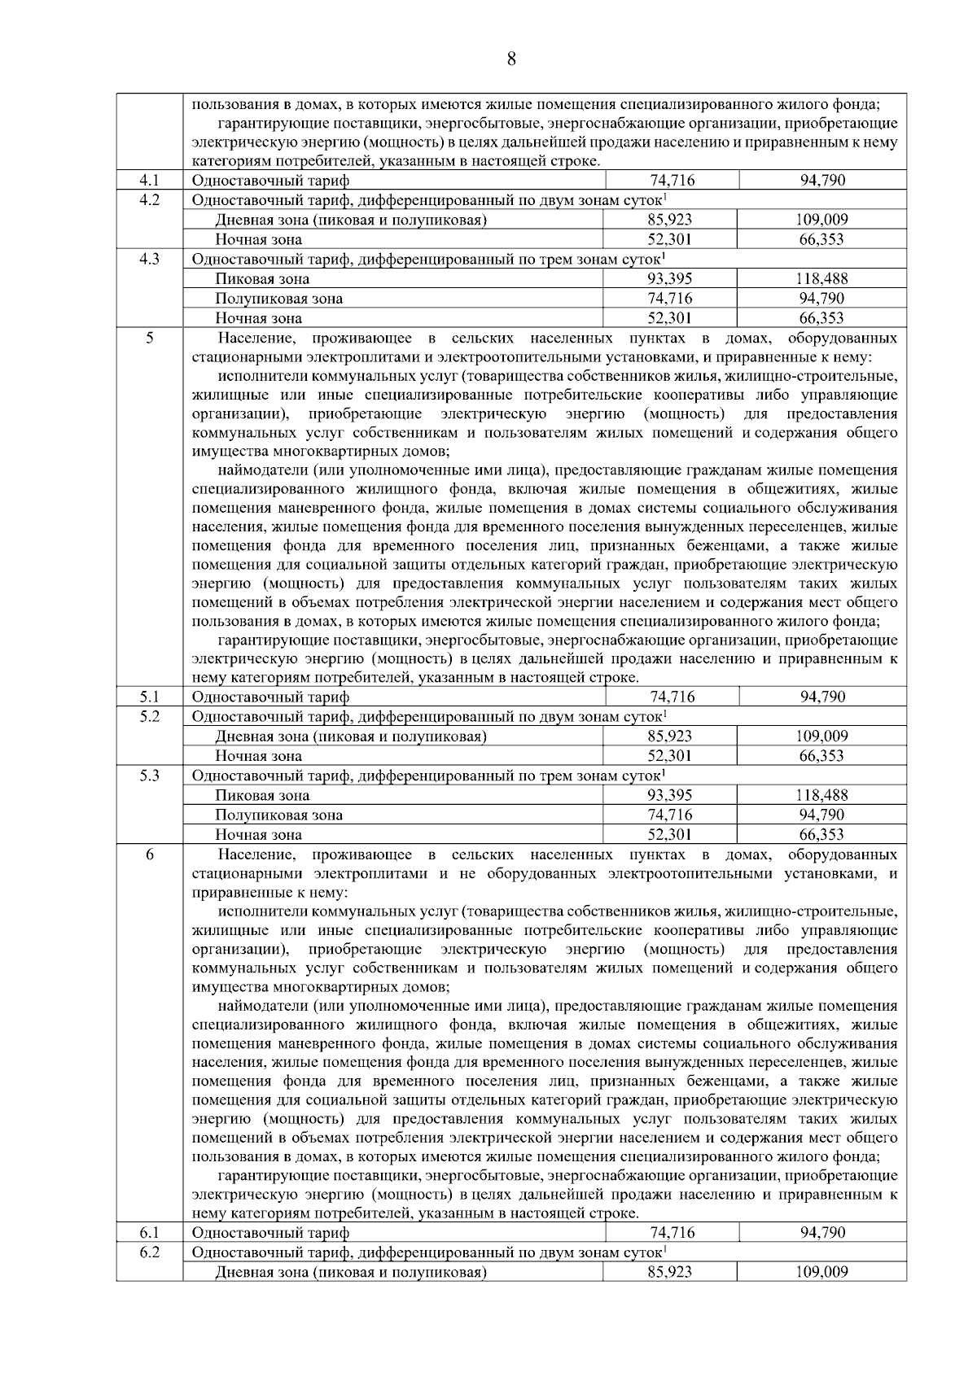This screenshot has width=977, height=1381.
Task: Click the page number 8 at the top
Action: (510, 59)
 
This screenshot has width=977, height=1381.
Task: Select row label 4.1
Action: (149, 180)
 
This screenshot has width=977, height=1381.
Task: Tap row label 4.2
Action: (149, 199)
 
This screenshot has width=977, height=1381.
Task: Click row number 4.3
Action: (149, 259)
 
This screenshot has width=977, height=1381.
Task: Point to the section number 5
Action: (149, 337)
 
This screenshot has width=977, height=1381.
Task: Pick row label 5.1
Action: (149, 697)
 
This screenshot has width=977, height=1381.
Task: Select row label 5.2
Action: (149, 716)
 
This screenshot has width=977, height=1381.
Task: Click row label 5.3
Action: (149, 776)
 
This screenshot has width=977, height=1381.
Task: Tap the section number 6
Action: (149, 854)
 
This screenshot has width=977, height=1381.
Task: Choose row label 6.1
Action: (149, 1233)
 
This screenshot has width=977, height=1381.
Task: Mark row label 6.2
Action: (149, 1252)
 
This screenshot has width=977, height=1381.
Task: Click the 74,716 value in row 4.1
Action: (672, 180)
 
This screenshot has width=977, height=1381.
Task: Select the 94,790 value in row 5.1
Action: (822, 697)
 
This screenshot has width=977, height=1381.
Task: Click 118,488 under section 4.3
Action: (822, 278)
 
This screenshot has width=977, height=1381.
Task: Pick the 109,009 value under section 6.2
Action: (822, 1272)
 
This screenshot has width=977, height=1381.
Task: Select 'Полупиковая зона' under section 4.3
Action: (278, 299)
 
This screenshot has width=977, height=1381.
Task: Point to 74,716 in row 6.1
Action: (672, 1233)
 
